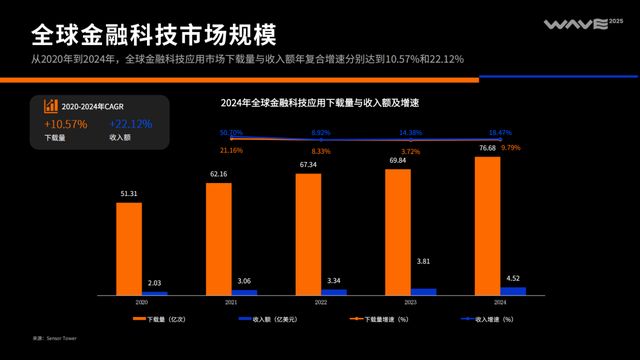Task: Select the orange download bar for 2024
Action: [488, 225]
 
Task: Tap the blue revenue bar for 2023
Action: [424, 291]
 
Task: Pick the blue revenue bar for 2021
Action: [244, 292]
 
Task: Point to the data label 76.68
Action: [487, 148]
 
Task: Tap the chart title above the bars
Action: [319, 103]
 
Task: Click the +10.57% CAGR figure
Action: [66, 124]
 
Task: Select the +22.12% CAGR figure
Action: [130, 124]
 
